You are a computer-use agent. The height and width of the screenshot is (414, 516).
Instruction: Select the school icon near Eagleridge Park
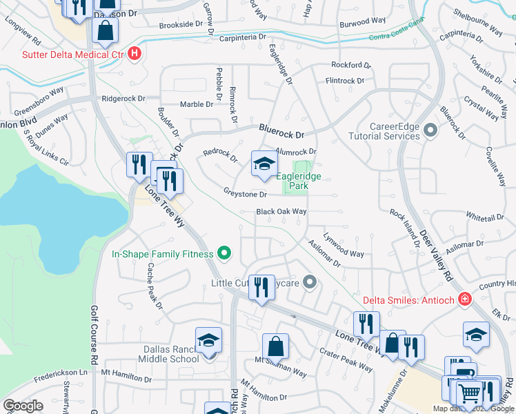point(264,164)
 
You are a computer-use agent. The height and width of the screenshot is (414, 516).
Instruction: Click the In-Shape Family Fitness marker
point(224,254)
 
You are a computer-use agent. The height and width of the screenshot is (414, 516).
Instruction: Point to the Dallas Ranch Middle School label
point(161,353)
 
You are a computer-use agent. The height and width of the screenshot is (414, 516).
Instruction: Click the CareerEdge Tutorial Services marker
point(431,130)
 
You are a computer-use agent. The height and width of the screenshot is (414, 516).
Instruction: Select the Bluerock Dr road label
point(282,130)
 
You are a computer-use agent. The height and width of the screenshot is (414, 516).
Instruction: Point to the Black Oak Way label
point(281,212)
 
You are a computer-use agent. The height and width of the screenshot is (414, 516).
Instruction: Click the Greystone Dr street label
point(244,194)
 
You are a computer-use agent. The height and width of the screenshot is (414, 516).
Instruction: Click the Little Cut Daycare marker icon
point(310,282)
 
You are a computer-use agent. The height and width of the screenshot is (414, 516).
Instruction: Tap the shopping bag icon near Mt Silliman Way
point(275,346)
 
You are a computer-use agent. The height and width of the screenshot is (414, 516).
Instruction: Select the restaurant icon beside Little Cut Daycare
point(260,286)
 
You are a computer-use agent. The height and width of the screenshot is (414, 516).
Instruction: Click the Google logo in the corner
point(23,405)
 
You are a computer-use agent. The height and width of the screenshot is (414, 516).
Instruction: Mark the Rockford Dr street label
point(351,66)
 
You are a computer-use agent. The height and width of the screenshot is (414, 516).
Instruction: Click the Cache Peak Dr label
point(154,286)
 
